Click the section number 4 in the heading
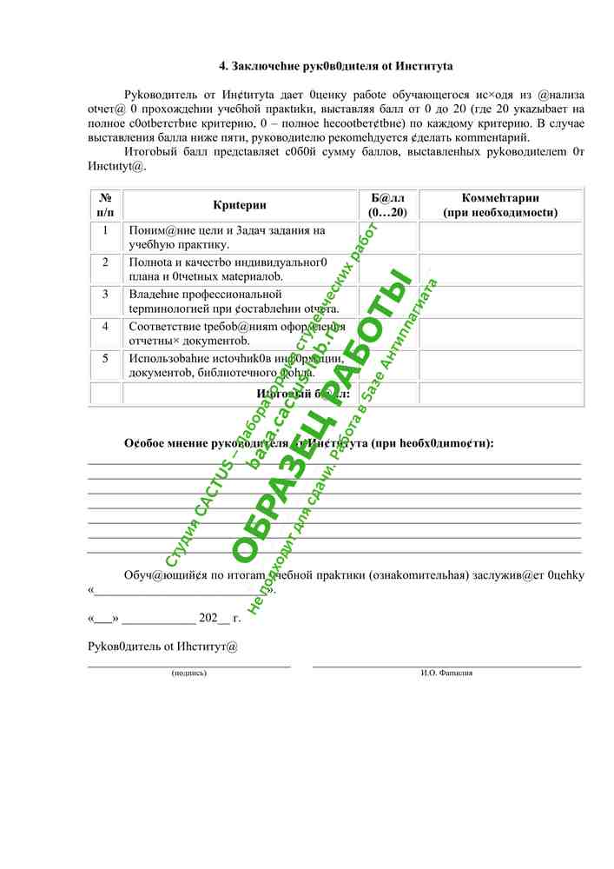tap(222, 66)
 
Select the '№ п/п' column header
tap(105, 205)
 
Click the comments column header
tap(500, 205)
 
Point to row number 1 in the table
tap(105, 231)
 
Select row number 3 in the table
tap(105, 295)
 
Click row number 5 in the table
tap(105, 358)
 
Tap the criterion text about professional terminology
tap(234, 302)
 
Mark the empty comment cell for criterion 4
tap(500, 333)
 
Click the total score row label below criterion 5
tap(303, 394)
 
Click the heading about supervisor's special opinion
tap(308, 444)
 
